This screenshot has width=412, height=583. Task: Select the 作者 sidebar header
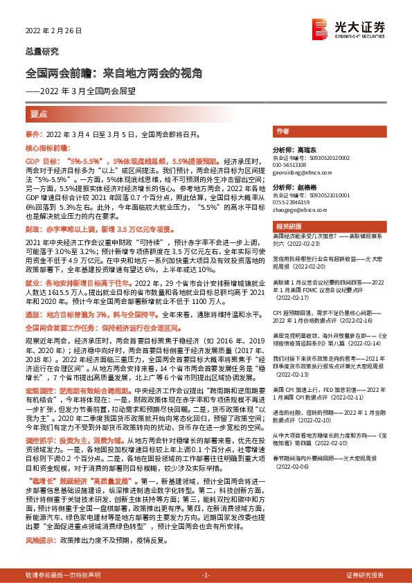[x=283, y=131]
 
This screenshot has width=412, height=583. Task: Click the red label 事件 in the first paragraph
[x=33, y=132]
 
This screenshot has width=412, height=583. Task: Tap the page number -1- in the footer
[x=206, y=575]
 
